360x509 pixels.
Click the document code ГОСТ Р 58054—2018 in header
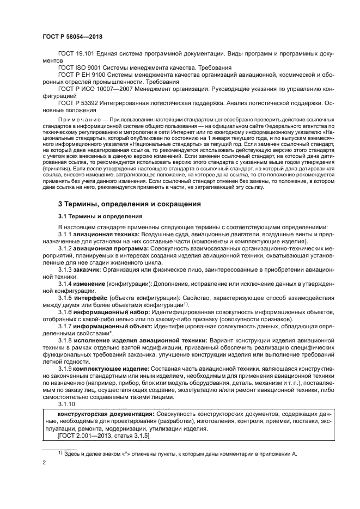point(72,37)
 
